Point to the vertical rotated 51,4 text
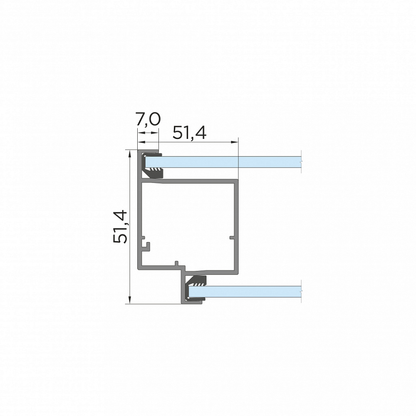coord(120,226)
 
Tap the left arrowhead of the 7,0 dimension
coord(141,133)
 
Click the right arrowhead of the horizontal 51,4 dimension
coord(235,142)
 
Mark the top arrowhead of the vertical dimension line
coord(130,154)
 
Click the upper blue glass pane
coord(223,162)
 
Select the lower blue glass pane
coord(245,291)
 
